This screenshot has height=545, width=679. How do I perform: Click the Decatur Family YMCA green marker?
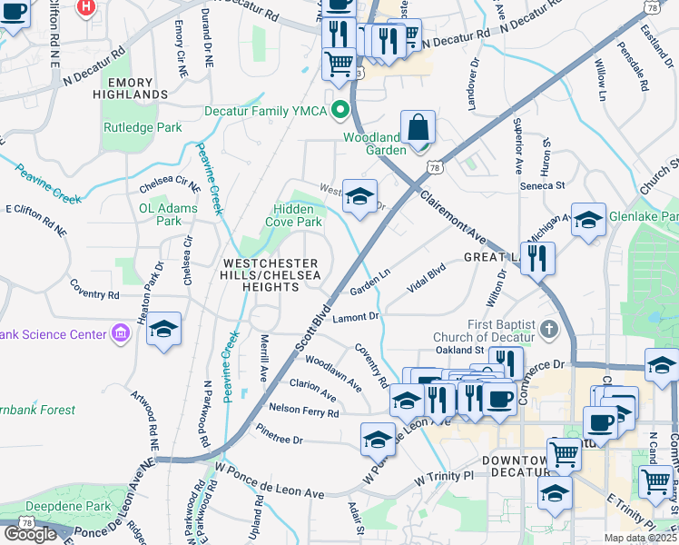pos(341,111)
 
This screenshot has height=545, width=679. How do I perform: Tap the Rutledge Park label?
pos(142,128)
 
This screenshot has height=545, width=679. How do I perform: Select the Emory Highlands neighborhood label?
pos(135,87)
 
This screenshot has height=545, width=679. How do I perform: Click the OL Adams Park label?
pos(156,213)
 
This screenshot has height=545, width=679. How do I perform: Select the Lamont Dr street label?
pos(356,317)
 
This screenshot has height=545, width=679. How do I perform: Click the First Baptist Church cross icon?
pos(547,327)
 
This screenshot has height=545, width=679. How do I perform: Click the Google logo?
pos(30,533)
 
